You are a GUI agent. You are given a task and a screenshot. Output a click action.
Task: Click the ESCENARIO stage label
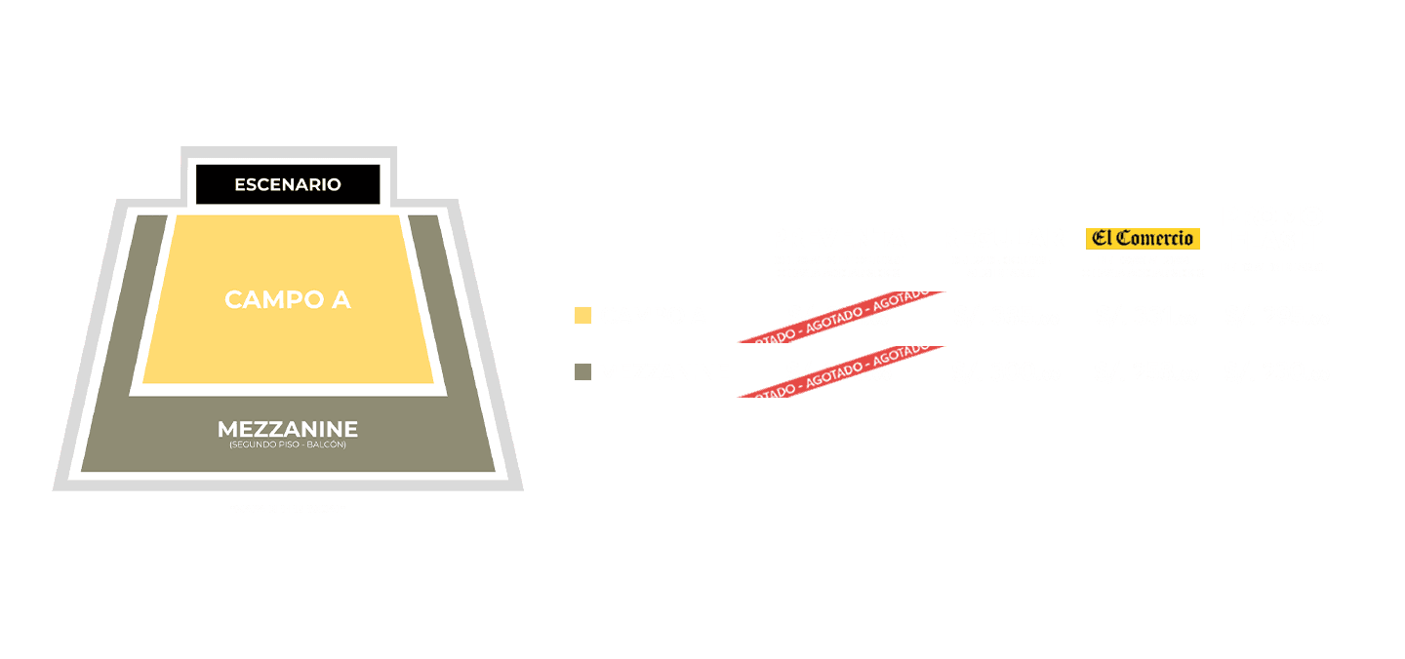(x=288, y=184)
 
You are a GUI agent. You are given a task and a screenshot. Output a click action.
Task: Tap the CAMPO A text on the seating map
(x=288, y=299)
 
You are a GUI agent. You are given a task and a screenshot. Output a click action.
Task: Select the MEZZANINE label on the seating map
(x=288, y=429)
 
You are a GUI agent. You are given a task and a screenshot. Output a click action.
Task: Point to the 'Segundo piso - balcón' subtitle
(x=288, y=445)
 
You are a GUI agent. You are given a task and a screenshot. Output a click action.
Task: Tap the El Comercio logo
(x=1143, y=238)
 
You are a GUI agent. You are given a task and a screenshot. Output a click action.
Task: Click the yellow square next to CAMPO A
(x=583, y=316)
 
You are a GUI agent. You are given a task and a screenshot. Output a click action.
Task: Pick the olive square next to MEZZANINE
(x=583, y=372)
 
